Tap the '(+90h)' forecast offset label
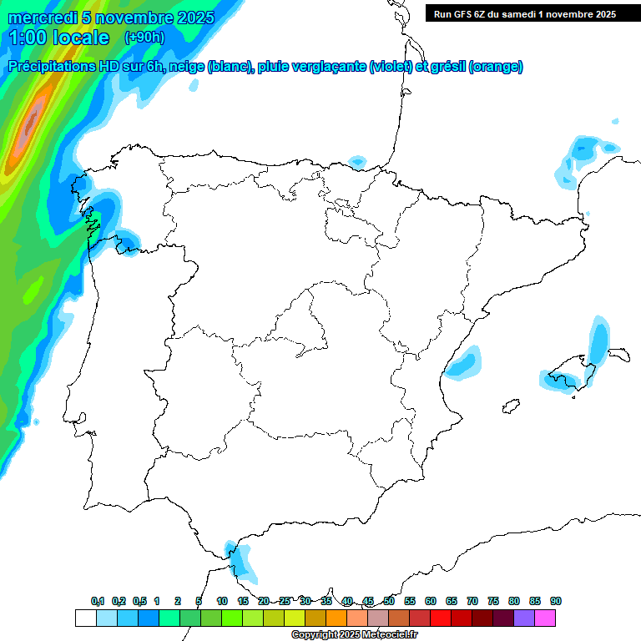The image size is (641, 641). pyautogui.click(x=144, y=38)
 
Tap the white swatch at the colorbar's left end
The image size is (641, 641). pyautogui.click(x=85, y=618)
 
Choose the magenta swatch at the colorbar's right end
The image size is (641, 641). pyautogui.click(x=545, y=618)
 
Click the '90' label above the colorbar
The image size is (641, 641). pyautogui.click(x=556, y=601)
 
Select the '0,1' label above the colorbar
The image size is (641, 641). pyautogui.click(x=98, y=601)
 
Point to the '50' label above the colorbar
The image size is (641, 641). pyautogui.click(x=389, y=601)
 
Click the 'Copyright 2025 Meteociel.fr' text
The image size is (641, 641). pyautogui.click(x=354, y=635)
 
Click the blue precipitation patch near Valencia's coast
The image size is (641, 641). pyautogui.click(x=463, y=363)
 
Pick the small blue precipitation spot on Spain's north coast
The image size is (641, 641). pyautogui.click(x=357, y=160)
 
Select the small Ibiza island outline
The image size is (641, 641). pyautogui.click(x=507, y=407)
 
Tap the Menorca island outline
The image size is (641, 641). pyautogui.click(x=618, y=354)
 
